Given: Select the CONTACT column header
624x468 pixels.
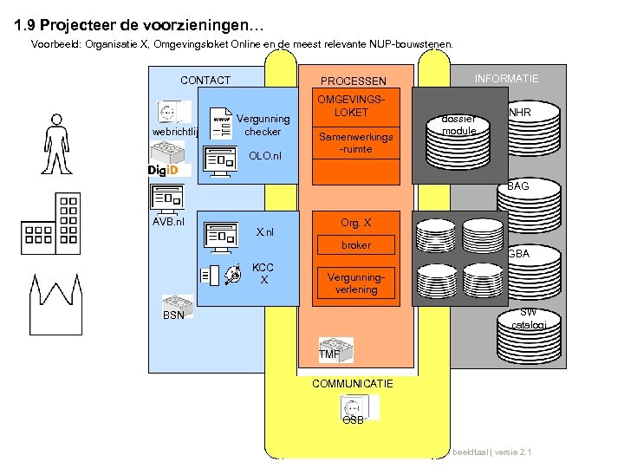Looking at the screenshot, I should click(x=205, y=81).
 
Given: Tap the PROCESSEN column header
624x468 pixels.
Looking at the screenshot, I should click(x=354, y=81).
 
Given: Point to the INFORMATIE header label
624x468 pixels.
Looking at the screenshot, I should click(x=506, y=79).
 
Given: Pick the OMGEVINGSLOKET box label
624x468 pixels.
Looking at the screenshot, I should click(x=354, y=106).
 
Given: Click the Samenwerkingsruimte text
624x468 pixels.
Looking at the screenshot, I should click(x=355, y=143).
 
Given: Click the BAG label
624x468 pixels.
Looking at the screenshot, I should click(x=518, y=186).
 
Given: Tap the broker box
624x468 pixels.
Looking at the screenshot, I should click(x=355, y=245).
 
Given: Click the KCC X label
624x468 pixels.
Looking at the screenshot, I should click(x=263, y=274).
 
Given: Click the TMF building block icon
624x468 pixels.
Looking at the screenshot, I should click(x=335, y=348).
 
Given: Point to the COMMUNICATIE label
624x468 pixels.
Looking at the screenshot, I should click(x=353, y=383).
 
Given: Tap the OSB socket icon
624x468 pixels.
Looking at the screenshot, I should click(x=354, y=407).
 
